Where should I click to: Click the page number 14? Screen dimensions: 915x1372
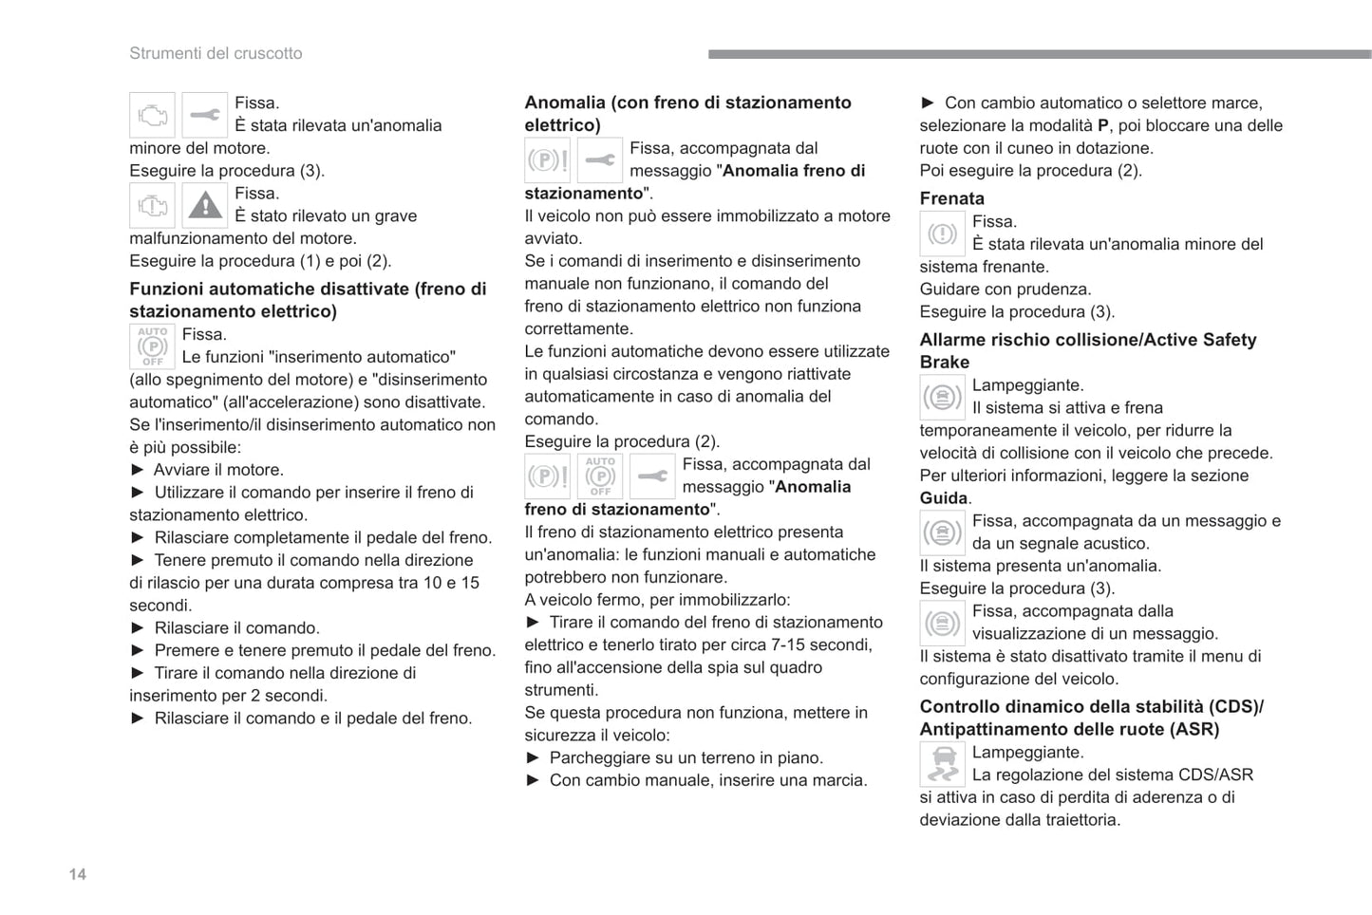(78, 874)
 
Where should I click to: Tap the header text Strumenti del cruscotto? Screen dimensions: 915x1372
(216, 53)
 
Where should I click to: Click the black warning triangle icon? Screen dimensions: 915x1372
(204, 205)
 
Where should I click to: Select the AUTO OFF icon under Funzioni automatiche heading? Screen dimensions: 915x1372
(152, 346)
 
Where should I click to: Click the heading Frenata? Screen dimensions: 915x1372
(951, 198)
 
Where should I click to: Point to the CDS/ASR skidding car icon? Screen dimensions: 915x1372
(942, 764)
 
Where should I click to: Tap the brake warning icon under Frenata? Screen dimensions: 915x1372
(942, 233)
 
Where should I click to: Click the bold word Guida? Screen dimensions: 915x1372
(944, 498)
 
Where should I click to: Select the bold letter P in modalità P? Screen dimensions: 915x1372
(1102, 125)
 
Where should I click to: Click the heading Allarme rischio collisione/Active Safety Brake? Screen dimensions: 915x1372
(1087, 350)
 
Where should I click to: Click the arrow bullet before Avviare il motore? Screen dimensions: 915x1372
(138, 470)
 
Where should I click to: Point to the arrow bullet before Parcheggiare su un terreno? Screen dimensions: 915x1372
(533, 757)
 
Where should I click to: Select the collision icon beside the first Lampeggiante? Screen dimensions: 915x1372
(942, 397)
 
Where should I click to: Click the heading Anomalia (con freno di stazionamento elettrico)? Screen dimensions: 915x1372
(687, 113)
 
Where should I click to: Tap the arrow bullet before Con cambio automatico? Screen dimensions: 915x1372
(928, 103)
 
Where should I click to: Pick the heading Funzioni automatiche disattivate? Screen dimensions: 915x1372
(308, 300)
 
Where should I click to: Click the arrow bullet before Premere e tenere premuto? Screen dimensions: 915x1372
(138, 650)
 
